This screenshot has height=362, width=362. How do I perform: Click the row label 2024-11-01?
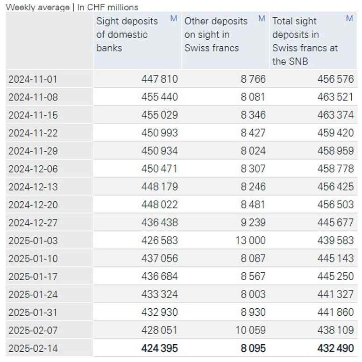[x=33, y=79]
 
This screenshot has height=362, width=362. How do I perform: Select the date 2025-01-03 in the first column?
[x=33, y=241]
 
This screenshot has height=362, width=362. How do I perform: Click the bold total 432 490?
[x=335, y=348]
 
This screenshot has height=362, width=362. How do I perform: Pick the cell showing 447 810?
[x=159, y=79]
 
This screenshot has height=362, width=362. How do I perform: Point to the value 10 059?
[x=250, y=330]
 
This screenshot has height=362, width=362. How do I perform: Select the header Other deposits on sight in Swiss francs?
[x=216, y=34]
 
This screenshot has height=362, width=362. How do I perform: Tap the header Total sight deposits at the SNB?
[x=305, y=41]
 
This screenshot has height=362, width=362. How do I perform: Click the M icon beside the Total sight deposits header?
[x=349, y=19]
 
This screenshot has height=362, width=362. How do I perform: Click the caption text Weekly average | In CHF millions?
[x=72, y=7]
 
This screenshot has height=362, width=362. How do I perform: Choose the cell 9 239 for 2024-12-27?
[x=253, y=222]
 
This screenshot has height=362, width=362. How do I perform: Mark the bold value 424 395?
[x=159, y=348]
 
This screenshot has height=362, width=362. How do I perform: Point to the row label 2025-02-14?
[x=33, y=348]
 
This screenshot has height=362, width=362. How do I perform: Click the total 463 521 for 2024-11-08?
[x=335, y=97]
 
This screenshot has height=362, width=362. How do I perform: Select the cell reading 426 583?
[x=159, y=241]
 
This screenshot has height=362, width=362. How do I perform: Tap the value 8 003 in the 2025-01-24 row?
[x=253, y=294]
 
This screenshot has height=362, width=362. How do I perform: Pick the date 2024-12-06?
[x=33, y=169]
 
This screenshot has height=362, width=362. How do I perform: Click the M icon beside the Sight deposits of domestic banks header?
[x=174, y=19]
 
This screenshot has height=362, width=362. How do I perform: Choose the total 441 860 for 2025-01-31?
[x=335, y=312]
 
